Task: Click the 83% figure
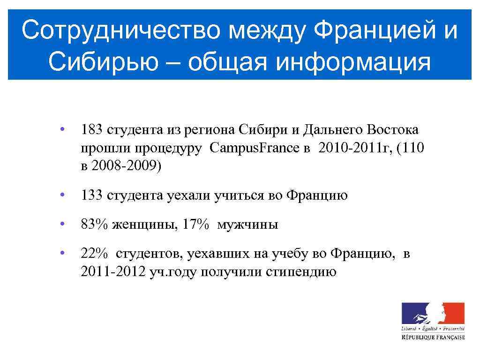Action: click(x=94, y=225)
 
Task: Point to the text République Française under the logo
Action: click(x=433, y=337)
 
